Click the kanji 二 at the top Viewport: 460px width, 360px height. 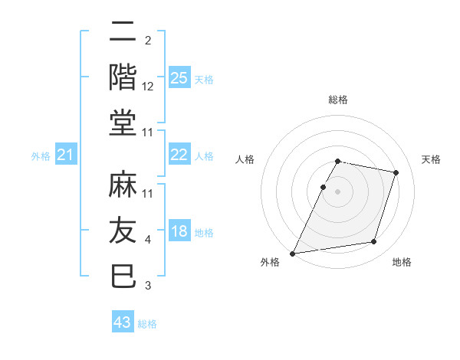(123, 34)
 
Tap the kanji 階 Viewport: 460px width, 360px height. (123, 78)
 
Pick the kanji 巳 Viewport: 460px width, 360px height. (123, 275)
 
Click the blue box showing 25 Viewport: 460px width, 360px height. (179, 77)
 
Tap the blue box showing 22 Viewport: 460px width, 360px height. (179, 155)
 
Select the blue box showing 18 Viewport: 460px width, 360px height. (179, 232)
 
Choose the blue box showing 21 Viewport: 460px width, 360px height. (65, 156)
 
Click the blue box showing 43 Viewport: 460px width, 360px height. (122, 322)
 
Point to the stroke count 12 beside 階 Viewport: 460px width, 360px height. (148, 87)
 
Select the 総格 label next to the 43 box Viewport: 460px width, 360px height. (147, 324)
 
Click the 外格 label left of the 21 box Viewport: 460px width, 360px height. (41, 157)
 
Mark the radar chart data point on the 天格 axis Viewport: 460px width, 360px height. (396, 172)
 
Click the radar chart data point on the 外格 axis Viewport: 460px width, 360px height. (293, 253)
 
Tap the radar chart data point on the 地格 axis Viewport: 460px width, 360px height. (373, 242)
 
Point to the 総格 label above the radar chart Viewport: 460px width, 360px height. (337, 100)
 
